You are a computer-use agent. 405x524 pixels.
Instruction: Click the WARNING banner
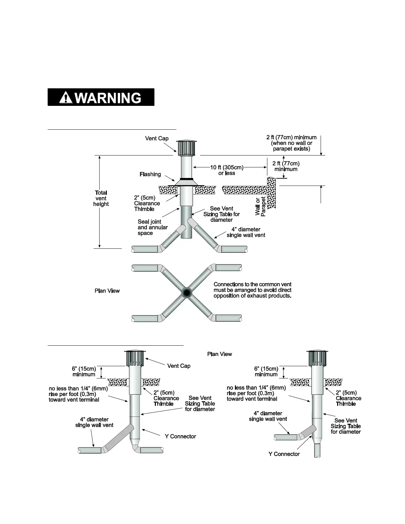[101, 97]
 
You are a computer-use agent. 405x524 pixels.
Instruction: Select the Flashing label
[150, 174]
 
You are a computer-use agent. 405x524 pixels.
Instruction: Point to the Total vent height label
[101, 198]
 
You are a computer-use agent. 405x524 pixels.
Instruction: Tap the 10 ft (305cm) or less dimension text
[227, 170]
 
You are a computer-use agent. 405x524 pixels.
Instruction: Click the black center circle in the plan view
[187, 293]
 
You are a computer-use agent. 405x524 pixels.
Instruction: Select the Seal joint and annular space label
[153, 227]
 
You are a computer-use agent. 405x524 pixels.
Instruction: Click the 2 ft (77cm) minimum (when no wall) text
[291, 143]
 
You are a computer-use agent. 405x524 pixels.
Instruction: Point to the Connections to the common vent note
[252, 290]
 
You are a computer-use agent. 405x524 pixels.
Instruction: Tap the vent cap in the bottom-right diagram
[317, 358]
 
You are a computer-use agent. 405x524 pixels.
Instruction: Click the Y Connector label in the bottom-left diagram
[180, 436]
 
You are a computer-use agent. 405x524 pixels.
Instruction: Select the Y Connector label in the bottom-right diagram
[284, 454]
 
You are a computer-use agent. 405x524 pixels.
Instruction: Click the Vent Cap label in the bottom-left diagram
[179, 366]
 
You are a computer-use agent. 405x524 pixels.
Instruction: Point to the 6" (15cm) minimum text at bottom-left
[84, 371]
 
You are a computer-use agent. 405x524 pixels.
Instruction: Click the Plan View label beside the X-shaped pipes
[107, 291]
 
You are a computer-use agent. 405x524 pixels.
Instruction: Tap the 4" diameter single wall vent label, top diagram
[246, 232]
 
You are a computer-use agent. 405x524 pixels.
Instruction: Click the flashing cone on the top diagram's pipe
[187, 182]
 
